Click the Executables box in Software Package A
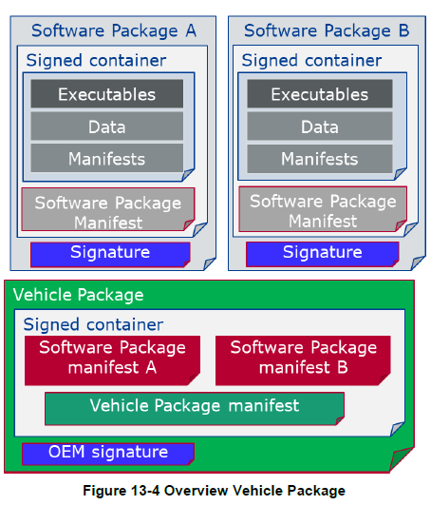click(x=107, y=94)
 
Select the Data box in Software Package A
click(x=107, y=126)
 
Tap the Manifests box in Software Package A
click(x=107, y=158)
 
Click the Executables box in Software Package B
click(x=320, y=94)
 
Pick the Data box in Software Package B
click(x=320, y=126)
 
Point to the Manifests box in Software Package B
click(x=320, y=159)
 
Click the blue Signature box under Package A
click(x=110, y=255)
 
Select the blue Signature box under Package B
click(x=323, y=255)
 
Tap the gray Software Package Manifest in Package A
click(x=108, y=209)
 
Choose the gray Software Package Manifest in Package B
click(x=323, y=208)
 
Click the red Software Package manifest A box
click(x=112, y=360)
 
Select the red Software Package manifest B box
click(x=303, y=360)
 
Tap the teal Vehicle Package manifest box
click(x=195, y=409)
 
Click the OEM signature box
click(x=108, y=454)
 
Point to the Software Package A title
click(x=114, y=31)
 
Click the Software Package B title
click(x=327, y=31)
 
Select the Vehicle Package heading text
click(x=79, y=295)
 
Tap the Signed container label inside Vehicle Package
click(x=93, y=324)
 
